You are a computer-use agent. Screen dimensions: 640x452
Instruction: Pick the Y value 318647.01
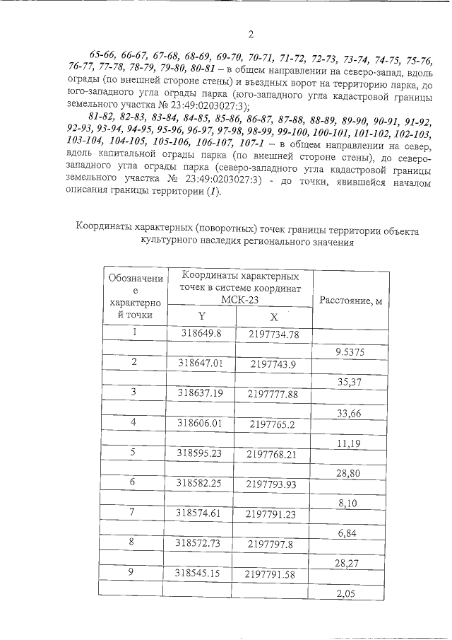pos(200,363)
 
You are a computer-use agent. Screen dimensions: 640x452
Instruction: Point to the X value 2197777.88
pos(273,393)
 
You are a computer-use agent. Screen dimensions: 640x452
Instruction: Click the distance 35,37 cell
pos(351,382)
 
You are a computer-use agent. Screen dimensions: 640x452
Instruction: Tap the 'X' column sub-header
pos(273,318)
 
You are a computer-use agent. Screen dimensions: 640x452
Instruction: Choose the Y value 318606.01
pos(200,422)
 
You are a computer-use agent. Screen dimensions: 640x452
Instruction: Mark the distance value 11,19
pos(351,443)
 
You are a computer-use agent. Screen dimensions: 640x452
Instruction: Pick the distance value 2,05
pos(351,593)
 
